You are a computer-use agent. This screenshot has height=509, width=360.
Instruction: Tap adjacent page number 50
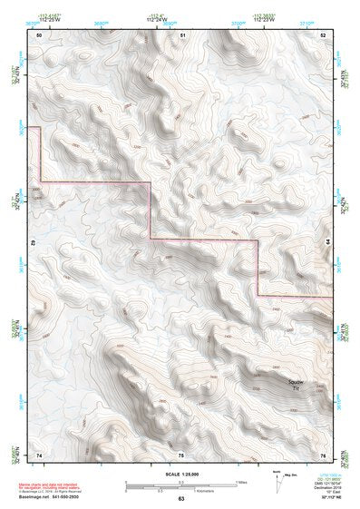point(39,34)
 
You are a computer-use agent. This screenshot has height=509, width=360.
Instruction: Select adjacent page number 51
point(182,34)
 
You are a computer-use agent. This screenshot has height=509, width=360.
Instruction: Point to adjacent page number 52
point(323,34)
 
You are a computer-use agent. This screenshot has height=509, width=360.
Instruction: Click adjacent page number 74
point(39,454)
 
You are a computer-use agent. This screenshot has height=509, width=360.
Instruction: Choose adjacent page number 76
point(322,454)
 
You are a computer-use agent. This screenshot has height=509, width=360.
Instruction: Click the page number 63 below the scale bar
point(181,500)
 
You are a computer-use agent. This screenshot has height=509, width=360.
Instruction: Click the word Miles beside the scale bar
point(240,482)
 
